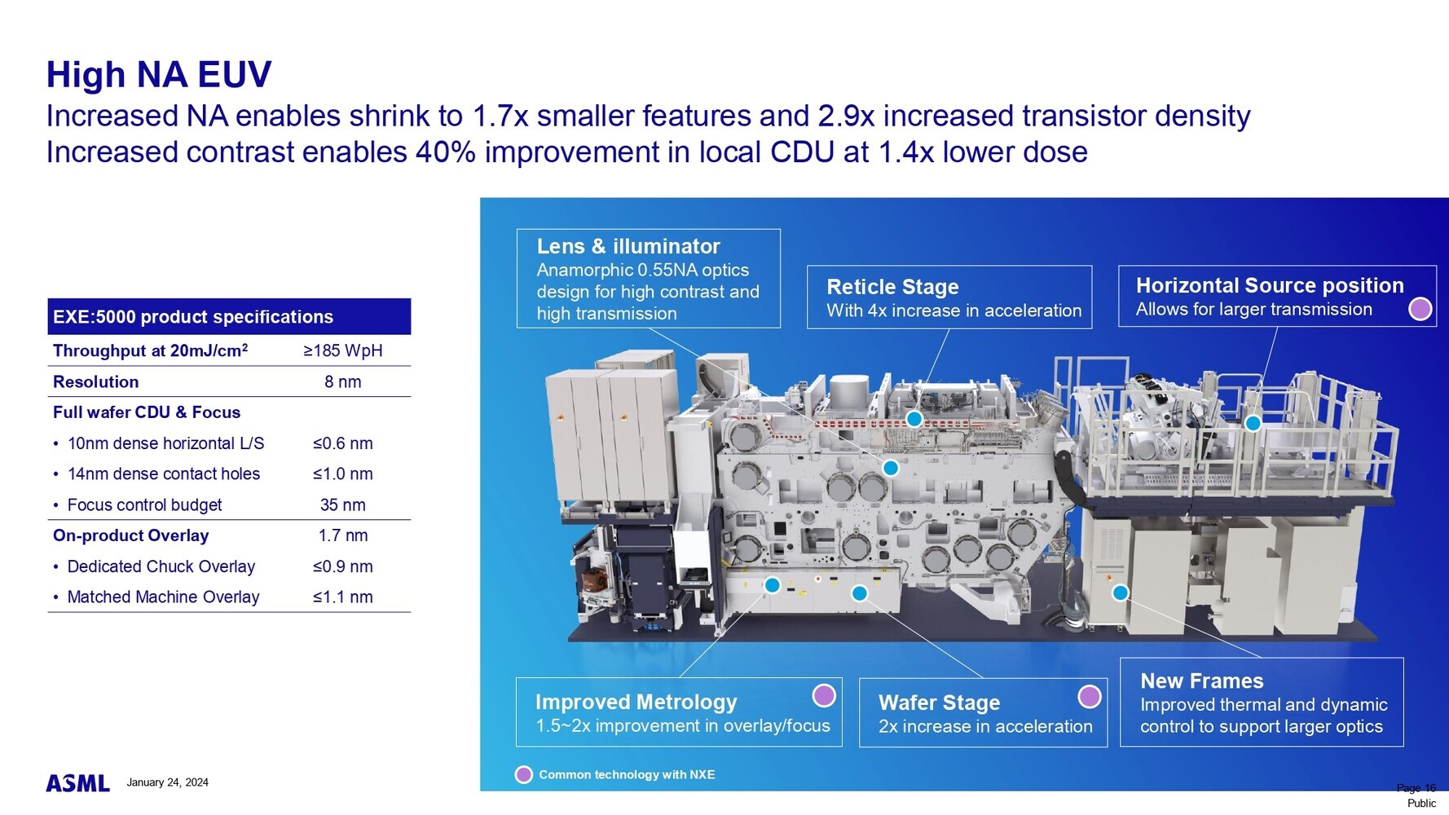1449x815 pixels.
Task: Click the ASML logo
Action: pyautogui.click(x=77, y=783)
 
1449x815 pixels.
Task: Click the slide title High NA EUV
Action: pyautogui.click(x=159, y=75)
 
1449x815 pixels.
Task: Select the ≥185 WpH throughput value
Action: pyautogui.click(x=343, y=350)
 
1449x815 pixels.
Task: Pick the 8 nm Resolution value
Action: pyautogui.click(x=343, y=381)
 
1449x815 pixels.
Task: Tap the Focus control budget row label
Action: pyautogui.click(x=144, y=505)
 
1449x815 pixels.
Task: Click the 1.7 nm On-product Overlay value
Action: pyautogui.click(x=343, y=535)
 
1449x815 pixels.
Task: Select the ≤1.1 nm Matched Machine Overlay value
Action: pyautogui.click(x=343, y=597)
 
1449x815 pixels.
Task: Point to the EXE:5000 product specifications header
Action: pyautogui.click(x=193, y=317)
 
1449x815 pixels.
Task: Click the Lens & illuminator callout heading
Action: pyautogui.click(x=628, y=246)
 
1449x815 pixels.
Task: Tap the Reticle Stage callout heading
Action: pyautogui.click(x=892, y=287)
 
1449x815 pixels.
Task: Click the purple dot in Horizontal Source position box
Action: pyautogui.click(x=1420, y=309)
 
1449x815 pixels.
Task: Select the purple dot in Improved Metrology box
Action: pyautogui.click(x=824, y=695)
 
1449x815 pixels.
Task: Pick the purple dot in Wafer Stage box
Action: pyautogui.click(x=1090, y=697)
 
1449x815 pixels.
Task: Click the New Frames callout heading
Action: pyautogui.click(x=1202, y=681)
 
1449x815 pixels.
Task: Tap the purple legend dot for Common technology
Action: pyautogui.click(x=524, y=774)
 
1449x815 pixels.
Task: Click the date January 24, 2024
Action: pyautogui.click(x=167, y=782)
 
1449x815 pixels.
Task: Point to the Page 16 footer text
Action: pyautogui.click(x=1416, y=788)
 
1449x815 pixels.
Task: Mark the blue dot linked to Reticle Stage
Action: pyautogui.click(x=914, y=419)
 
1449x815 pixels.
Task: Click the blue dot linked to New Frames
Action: pyautogui.click(x=1121, y=593)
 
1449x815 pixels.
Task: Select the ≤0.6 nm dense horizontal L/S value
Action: pyautogui.click(x=343, y=443)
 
